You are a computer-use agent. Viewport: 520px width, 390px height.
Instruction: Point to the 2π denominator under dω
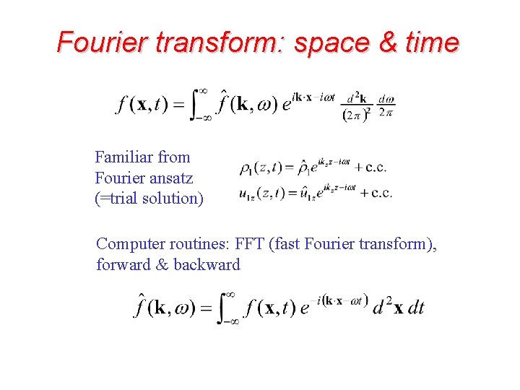tap(386, 113)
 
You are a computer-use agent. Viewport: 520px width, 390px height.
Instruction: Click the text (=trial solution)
tap(149, 198)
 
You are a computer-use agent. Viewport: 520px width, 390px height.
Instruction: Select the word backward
tap(207, 265)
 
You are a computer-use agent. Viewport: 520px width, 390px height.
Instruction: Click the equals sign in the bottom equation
tap(206, 308)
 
